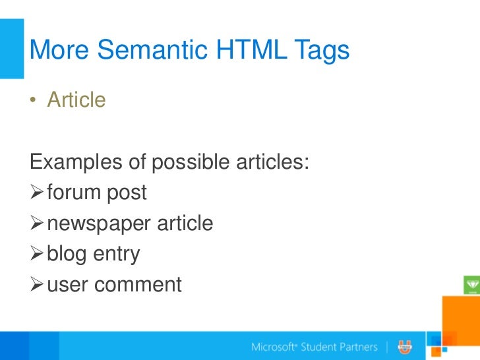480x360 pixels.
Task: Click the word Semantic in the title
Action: click(144, 50)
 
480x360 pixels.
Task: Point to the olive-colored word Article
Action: click(76, 100)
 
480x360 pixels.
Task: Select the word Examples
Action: click(76, 162)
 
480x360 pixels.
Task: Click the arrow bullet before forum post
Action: click(37, 193)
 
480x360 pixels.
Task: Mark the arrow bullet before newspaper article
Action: click(37, 224)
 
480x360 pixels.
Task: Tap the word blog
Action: click(67, 255)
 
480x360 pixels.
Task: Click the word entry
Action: click(117, 255)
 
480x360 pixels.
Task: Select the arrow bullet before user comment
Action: click(37, 285)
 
